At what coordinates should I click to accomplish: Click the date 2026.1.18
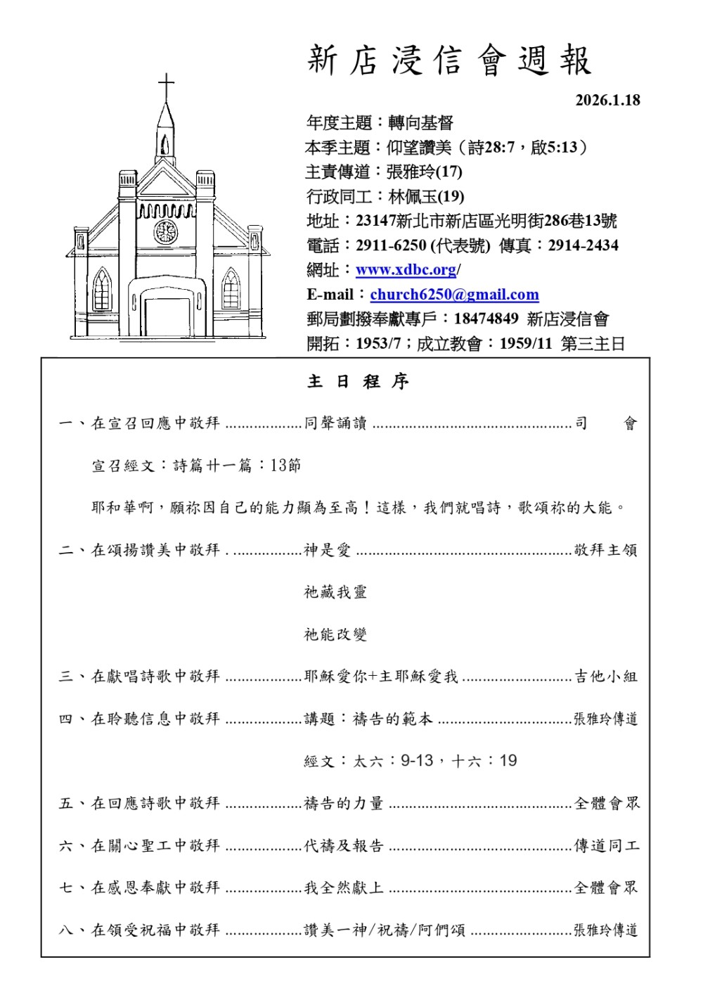(x=607, y=100)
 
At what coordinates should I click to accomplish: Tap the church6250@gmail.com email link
(x=454, y=295)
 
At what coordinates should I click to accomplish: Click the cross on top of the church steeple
(x=166, y=88)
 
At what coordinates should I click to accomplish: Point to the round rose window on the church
(x=166, y=231)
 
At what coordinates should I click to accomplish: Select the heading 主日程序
(x=358, y=382)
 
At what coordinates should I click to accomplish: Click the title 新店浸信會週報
(x=450, y=60)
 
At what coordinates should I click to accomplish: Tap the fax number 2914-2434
(x=583, y=245)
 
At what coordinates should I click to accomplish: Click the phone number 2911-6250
(x=391, y=245)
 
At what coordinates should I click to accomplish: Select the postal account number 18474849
(x=486, y=319)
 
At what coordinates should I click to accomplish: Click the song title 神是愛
(x=327, y=550)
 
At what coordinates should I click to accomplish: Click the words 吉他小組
(x=606, y=677)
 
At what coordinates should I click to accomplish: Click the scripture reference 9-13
(x=417, y=761)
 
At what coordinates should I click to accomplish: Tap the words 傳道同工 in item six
(x=607, y=845)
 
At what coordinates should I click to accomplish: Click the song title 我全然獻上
(x=344, y=888)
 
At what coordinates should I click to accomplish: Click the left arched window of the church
(x=103, y=289)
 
